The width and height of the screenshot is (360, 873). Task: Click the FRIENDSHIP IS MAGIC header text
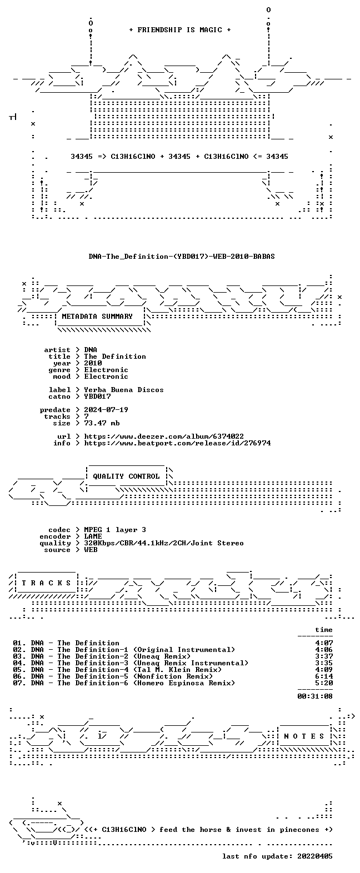coord(180,29)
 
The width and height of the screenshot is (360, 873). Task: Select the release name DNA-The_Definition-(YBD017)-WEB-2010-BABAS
coord(181,257)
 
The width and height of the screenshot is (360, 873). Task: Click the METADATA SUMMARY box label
coord(97,317)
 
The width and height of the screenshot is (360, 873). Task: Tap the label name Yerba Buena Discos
coord(124,390)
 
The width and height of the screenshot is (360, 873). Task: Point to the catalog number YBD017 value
coord(97,397)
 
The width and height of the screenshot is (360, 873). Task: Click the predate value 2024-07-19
coord(106,410)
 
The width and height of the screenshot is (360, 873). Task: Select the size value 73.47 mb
coord(102,423)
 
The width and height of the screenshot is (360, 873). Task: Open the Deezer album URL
coord(164,436)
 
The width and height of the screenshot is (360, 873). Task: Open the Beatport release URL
coord(177,443)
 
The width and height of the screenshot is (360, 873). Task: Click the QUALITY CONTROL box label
coord(126,476)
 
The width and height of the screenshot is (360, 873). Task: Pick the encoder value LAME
coord(93,536)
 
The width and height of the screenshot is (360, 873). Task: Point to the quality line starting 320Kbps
coord(164,543)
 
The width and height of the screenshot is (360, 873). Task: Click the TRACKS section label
coord(46,583)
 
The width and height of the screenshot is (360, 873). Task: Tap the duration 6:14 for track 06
coord(324,676)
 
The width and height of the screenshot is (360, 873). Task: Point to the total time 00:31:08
coord(315,696)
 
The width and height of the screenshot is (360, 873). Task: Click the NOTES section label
coord(304,736)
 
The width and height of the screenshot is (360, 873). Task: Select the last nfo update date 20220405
coord(315,856)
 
